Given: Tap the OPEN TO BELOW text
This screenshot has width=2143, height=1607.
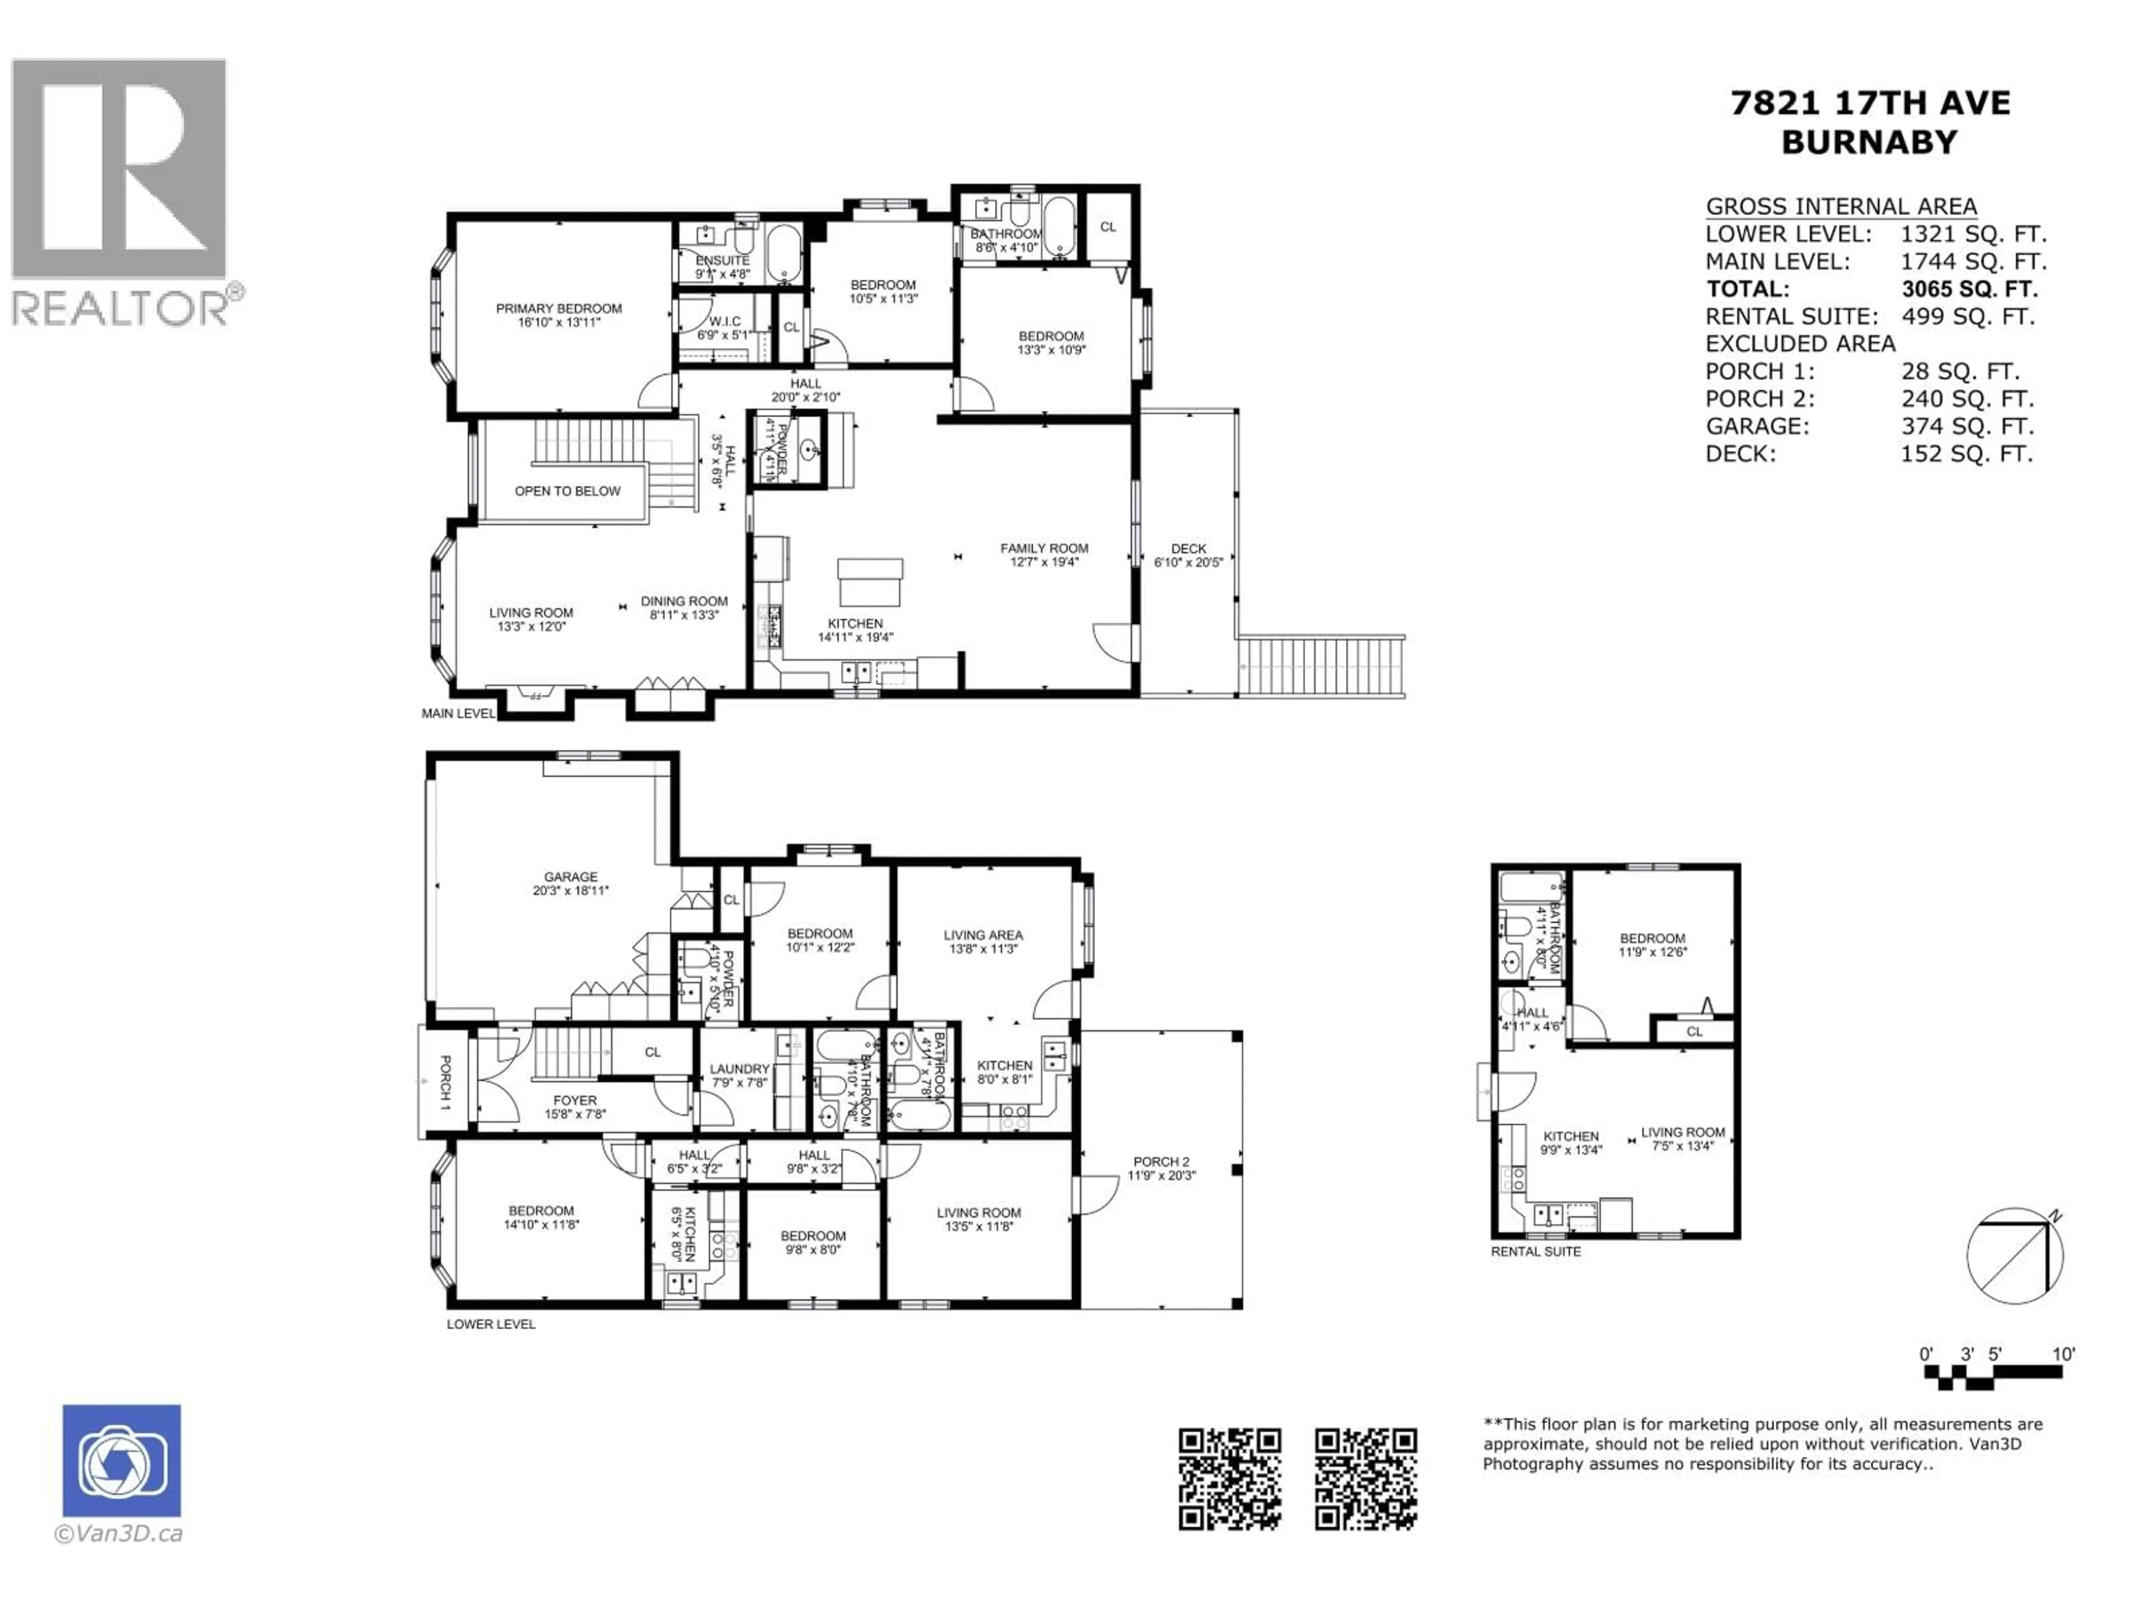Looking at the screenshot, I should point(567,491).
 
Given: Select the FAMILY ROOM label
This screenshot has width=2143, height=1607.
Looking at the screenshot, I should point(1044,549).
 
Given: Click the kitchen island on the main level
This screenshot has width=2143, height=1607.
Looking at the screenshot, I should point(870,582).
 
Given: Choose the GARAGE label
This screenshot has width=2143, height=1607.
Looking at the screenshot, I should point(570,877).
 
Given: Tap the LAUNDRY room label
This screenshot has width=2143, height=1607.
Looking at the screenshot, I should point(739,1070).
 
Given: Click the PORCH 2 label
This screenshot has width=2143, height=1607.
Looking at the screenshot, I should point(1161,1161).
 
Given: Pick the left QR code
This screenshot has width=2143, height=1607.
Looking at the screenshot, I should point(1229,1479).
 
